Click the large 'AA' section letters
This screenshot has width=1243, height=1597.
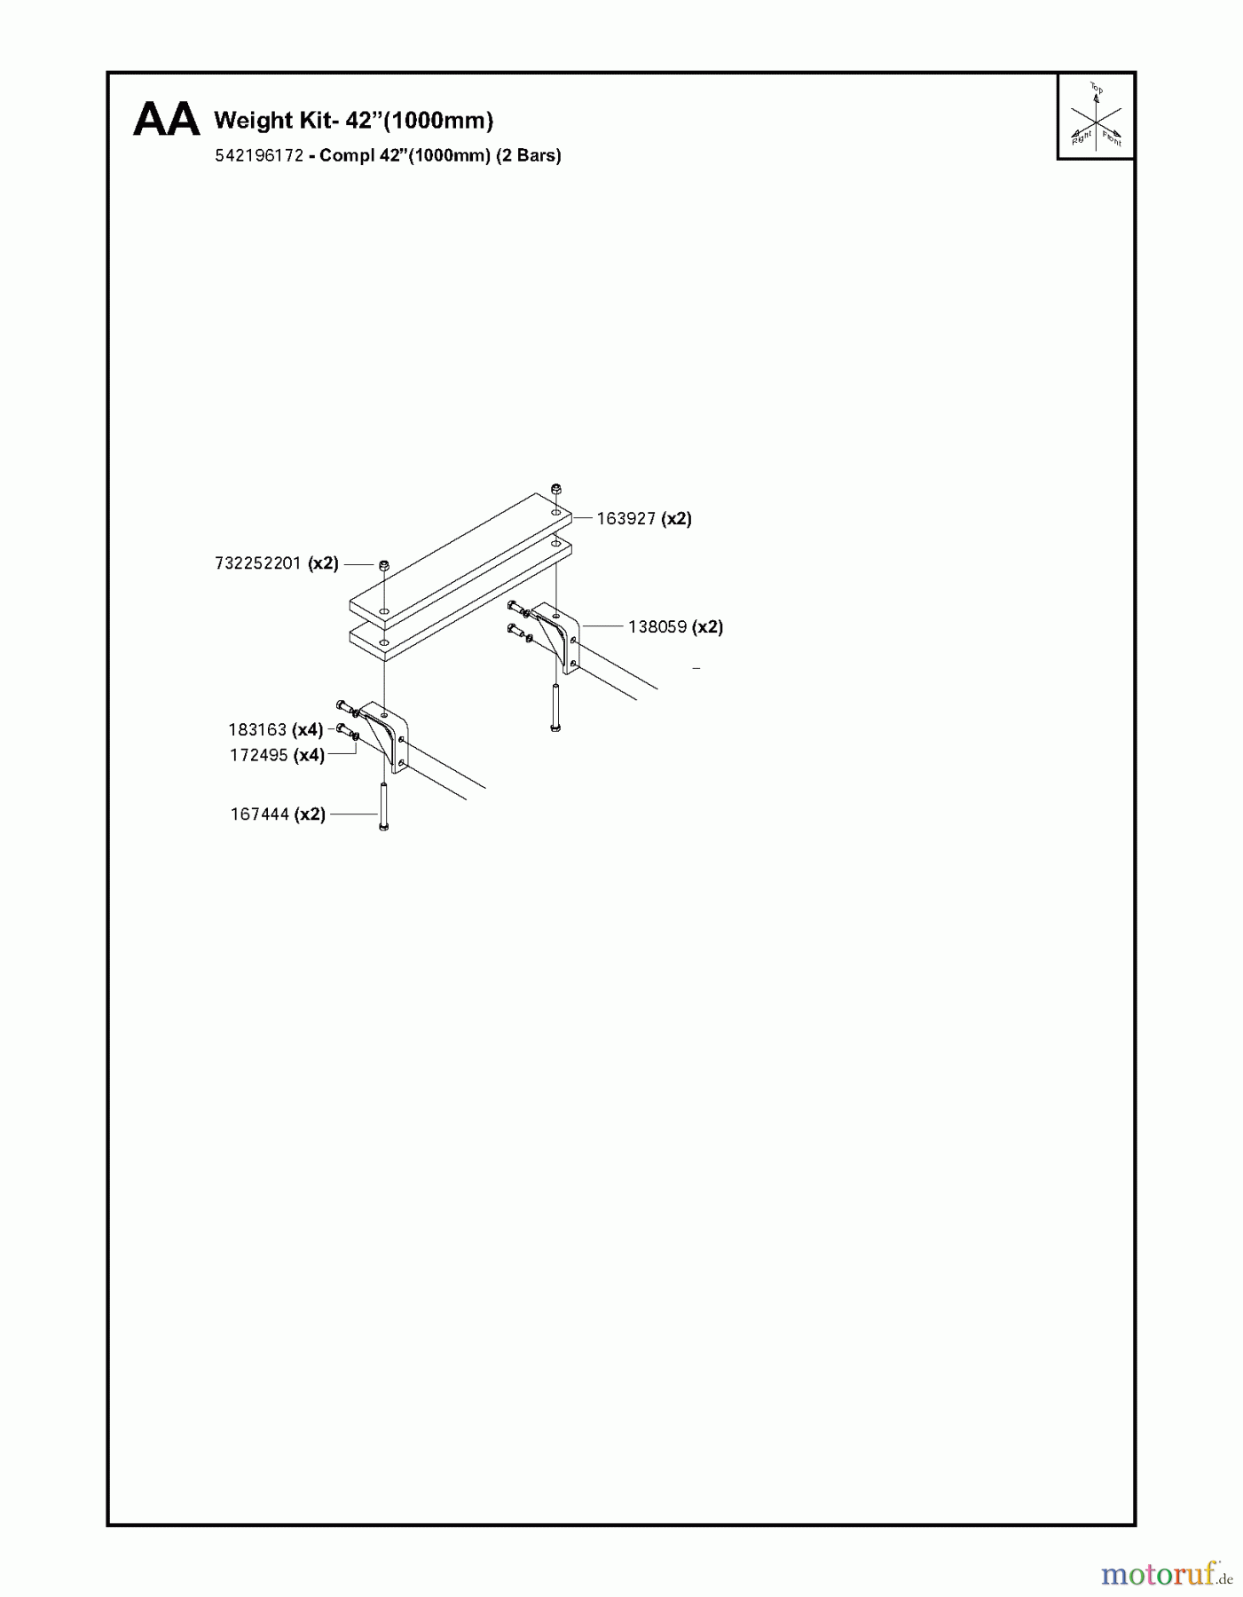pos(166,120)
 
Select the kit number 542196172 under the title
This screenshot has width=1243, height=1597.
pos(259,155)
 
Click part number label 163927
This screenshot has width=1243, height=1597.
pos(625,519)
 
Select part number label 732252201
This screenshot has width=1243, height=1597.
pos(258,563)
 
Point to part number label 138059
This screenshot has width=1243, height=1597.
pos(657,627)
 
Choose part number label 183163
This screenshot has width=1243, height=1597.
pos(257,730)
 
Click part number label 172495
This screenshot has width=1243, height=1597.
pos(259,756)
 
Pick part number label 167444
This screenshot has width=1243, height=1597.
pos(260,814)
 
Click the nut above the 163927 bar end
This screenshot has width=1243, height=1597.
pos(555,488)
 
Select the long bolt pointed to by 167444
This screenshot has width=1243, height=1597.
pos(383,806)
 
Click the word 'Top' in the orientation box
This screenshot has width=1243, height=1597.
pos(1097,89)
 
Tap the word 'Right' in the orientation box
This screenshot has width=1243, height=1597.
pos(1082,137)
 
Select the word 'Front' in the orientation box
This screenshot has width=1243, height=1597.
pos(1113,138)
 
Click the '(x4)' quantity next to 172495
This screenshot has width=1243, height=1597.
pos(310,756)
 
